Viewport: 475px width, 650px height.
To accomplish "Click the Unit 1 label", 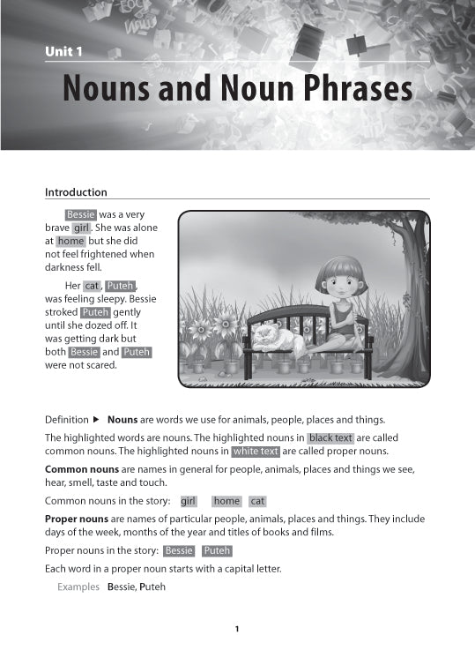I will pos(63,53).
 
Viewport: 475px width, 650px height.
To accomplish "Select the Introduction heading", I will pos(76,192).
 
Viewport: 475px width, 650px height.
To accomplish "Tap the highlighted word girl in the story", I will pos(82,228).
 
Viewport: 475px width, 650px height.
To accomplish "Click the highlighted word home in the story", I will pos(71,241).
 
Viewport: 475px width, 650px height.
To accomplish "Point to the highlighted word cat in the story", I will pos(92,286).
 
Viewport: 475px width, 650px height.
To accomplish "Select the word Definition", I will pos(66,420).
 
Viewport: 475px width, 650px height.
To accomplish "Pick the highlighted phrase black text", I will pos(330,438).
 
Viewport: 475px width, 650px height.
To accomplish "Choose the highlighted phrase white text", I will pos(256,452).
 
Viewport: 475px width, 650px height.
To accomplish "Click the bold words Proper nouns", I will pos(78,519).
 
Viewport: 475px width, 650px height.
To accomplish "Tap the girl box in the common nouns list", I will pos(188,501).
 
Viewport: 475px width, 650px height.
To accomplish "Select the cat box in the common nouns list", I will pos(257,501).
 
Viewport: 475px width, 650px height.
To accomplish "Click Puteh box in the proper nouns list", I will pos(217,551).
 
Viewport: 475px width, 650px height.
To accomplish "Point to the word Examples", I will pos(78,586).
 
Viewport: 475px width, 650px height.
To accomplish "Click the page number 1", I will pos(237,629).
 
